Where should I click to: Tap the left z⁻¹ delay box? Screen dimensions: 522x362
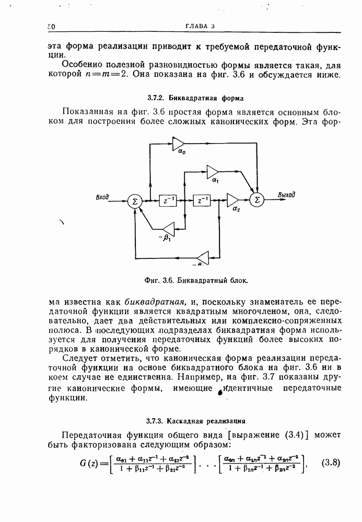tap(167, 200)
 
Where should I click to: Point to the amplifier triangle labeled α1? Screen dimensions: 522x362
tap(213, 171)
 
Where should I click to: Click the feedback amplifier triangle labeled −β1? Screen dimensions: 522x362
tap(168, 229)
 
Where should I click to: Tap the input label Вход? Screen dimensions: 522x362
tap(102, 197)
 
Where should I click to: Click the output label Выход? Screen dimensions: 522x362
tap(286, 195)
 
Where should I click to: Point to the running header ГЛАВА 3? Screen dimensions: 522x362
tap(200, 27)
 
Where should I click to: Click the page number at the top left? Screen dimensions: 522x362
tap(51, 27)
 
